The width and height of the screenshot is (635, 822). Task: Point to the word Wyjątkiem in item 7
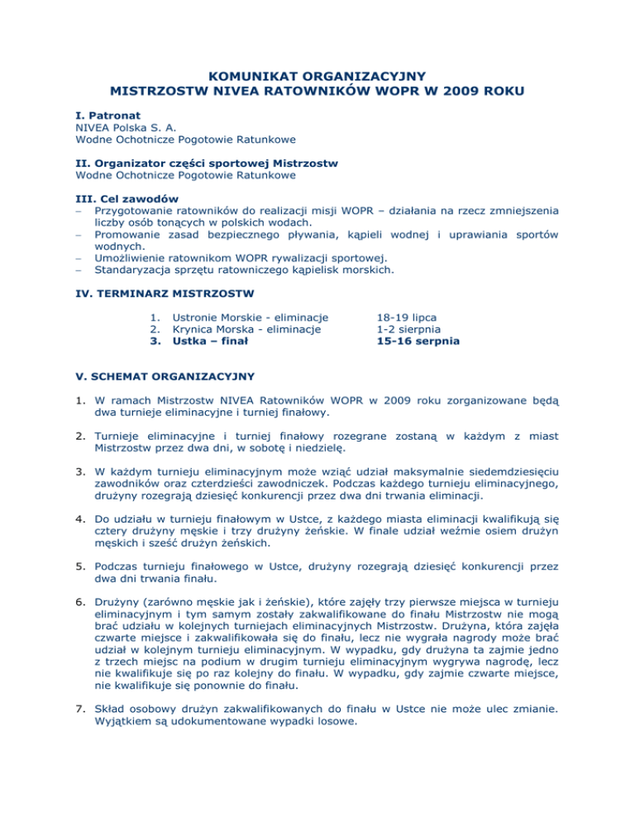point(124,770)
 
